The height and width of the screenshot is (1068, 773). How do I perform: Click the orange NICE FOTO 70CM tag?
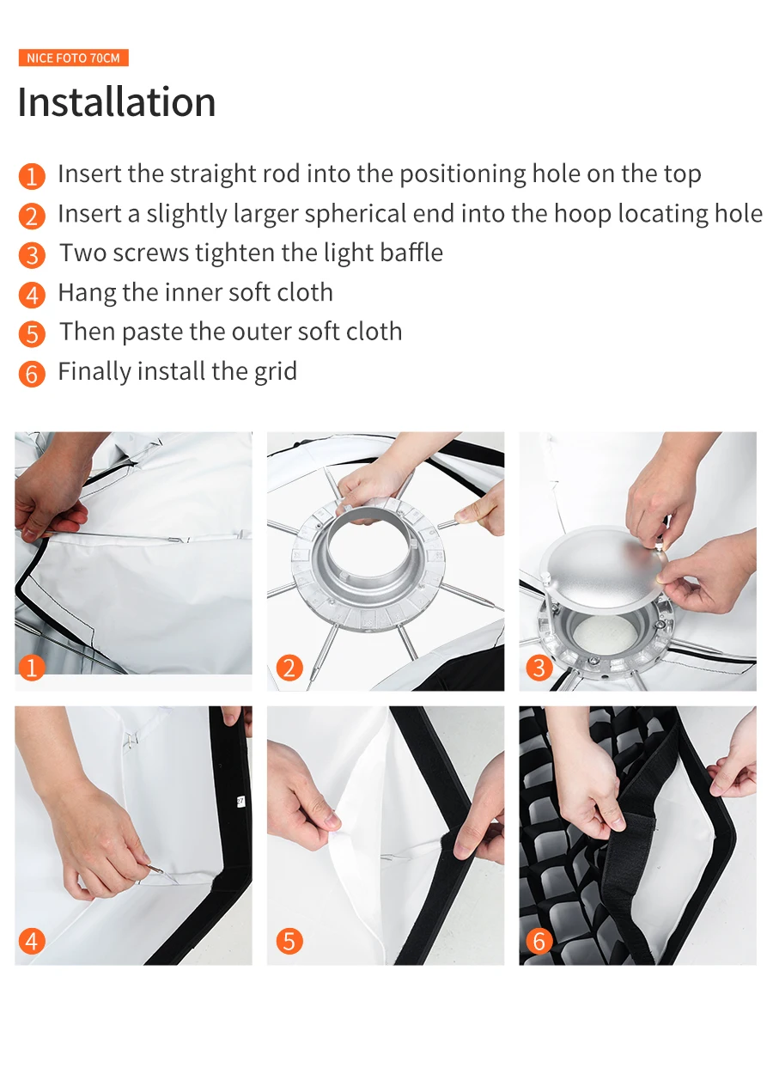(73, 58)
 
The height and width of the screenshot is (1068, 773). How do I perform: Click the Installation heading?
(117, 101)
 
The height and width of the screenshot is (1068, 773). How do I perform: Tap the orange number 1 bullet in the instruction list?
(32, 176)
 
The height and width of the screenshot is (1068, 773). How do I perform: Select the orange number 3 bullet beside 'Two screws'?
(32, 255)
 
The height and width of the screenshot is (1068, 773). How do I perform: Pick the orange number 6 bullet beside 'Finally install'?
(32, 373)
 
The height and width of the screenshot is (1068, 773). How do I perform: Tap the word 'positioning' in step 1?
(462, 174)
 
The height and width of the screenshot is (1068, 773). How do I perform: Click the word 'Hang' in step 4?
(87, 293)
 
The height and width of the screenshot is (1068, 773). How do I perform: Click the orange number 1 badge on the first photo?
(32, 668)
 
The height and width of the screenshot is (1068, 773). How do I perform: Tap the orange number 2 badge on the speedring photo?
(289, 668)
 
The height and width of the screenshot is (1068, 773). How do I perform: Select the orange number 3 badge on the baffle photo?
(539, 668)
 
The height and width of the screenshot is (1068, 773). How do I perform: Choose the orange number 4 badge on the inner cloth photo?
(32, 942)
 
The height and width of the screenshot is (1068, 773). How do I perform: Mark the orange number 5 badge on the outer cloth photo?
(289, 942)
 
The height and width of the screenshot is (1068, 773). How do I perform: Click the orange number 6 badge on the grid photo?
(539, 942)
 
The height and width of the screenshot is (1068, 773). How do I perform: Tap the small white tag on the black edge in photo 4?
(240, 801)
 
